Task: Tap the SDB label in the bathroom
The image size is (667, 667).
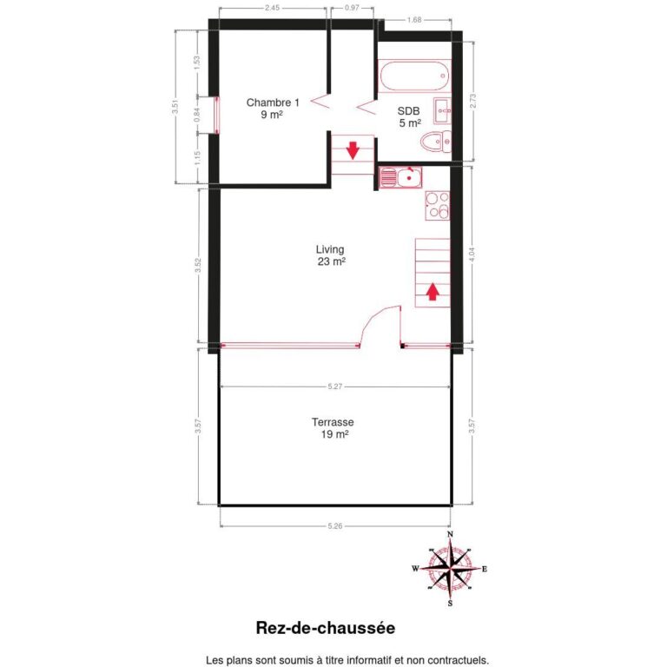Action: tap(408, 111)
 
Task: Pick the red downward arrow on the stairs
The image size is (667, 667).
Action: tap(353, 149)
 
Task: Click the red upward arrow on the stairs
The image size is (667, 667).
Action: tap(432, 294)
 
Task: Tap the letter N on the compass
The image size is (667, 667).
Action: tap(450, 534)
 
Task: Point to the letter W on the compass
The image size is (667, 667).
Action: tap(415, 569)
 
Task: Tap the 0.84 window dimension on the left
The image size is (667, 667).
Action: tap(197, 112)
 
